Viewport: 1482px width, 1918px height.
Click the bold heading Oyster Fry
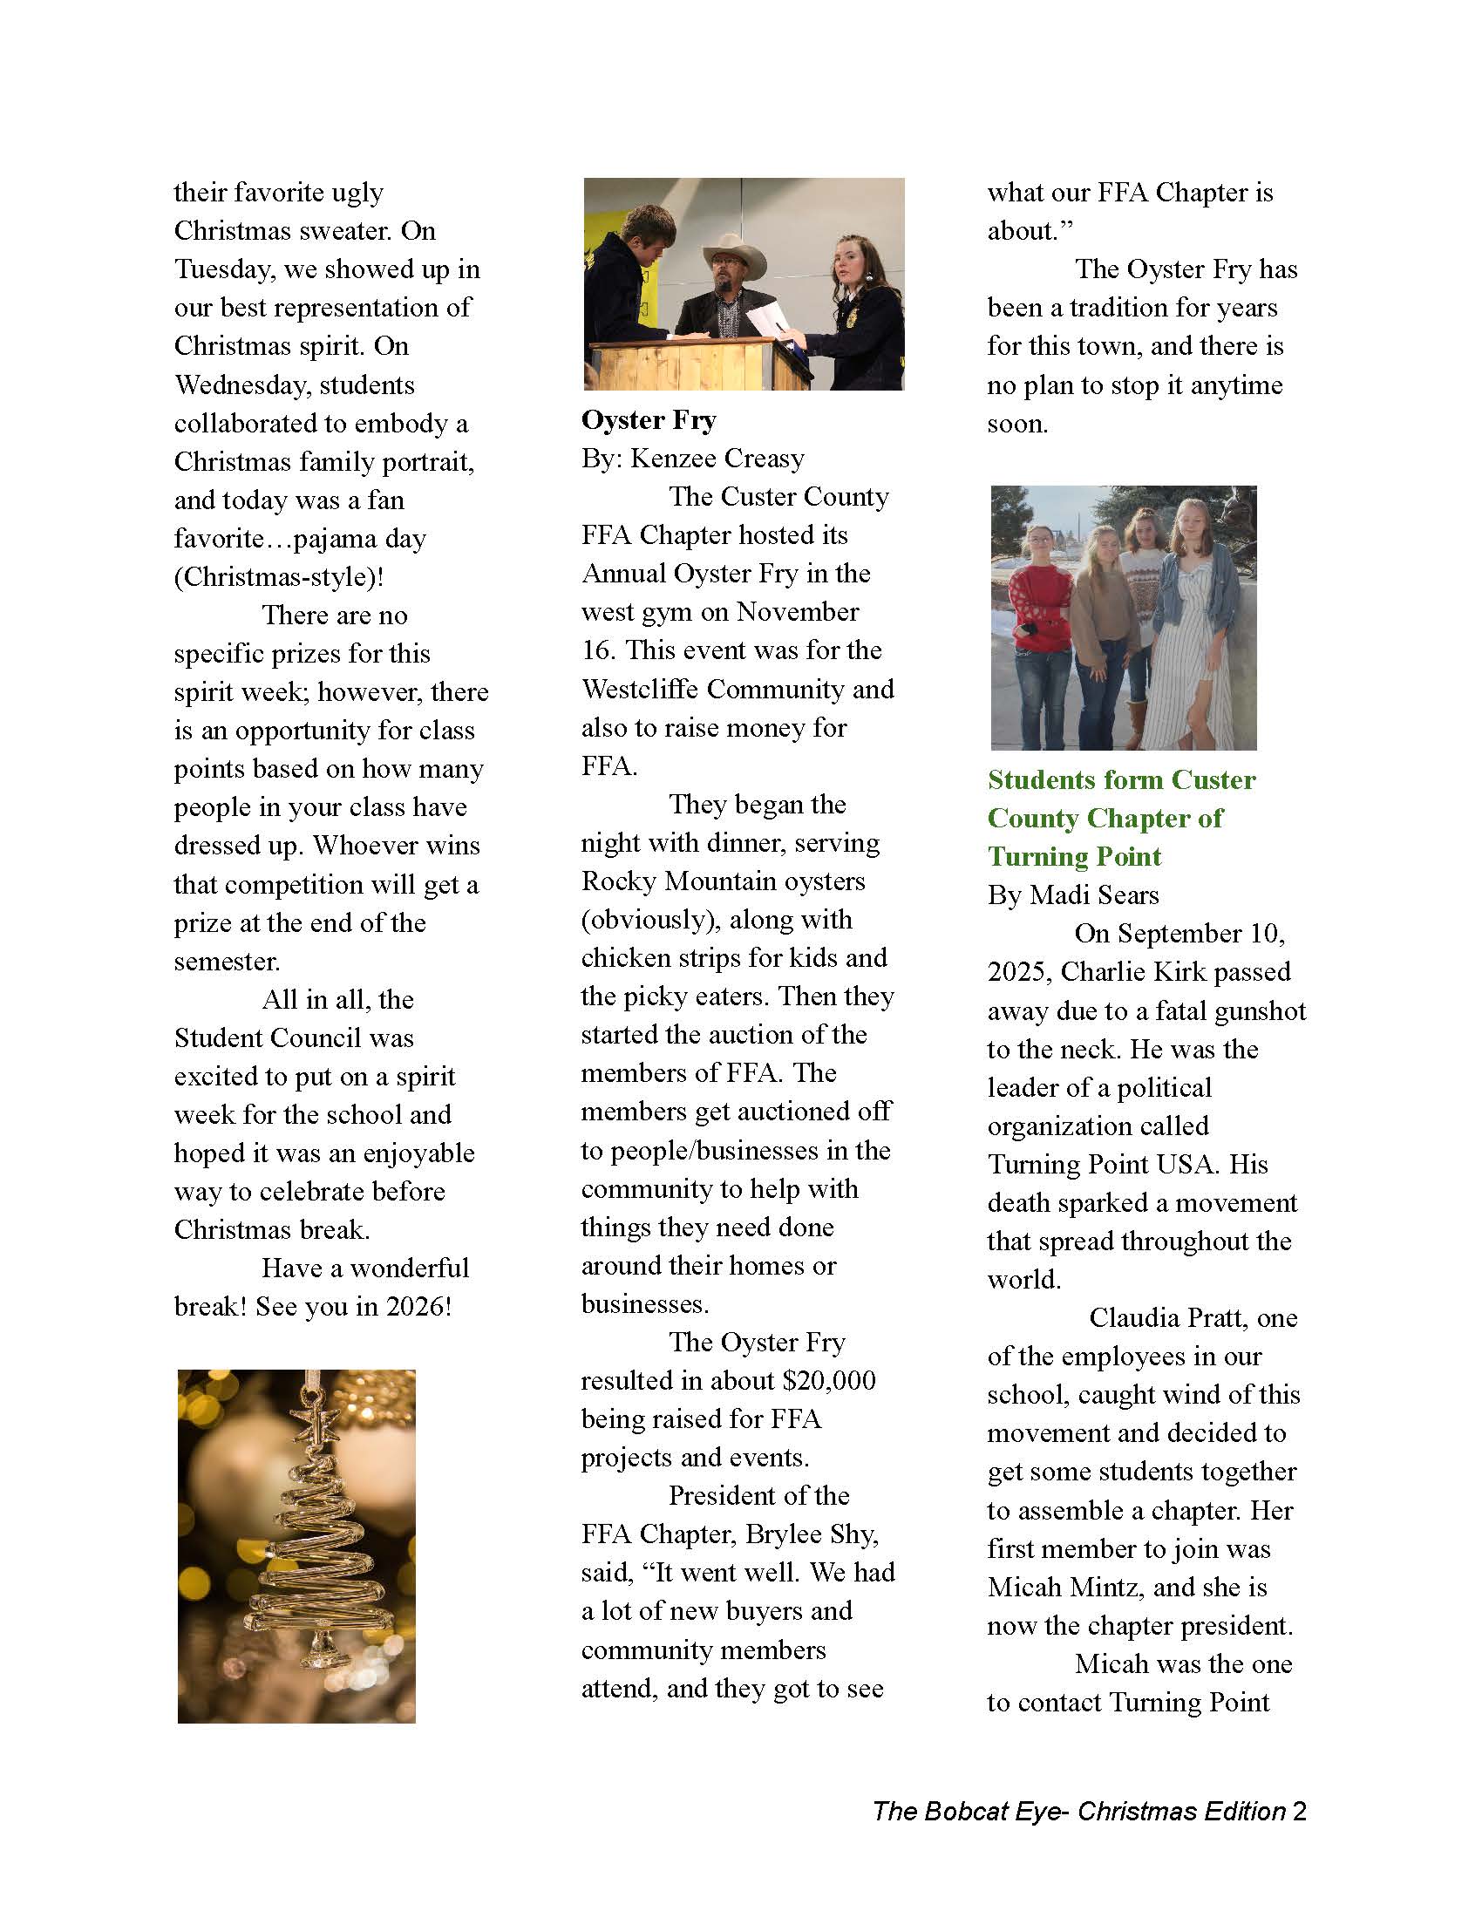pos(648,420)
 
